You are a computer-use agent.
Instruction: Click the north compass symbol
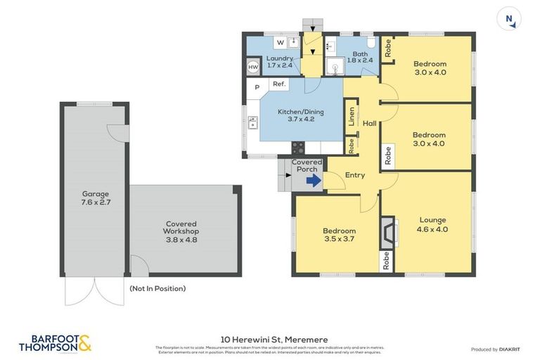coord(509,19)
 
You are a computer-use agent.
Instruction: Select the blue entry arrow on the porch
coord(314,181)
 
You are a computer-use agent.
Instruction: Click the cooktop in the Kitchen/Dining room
coord(298,148)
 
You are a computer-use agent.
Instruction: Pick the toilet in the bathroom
coord(371,43)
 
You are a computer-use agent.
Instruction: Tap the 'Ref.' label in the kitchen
coord(278,84)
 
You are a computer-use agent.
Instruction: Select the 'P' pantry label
coord(257,88)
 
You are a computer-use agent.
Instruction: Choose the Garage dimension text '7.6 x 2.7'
coord(95,202)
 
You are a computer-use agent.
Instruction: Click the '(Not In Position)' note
coord(157,288)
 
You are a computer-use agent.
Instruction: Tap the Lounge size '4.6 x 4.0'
coord(432,229)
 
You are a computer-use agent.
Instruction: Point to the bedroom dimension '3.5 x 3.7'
coord(339,240)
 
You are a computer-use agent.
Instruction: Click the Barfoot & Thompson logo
coord(56,343)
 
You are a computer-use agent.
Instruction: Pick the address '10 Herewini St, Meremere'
coord(269,339)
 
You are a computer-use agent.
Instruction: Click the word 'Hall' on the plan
coord(369,124)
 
